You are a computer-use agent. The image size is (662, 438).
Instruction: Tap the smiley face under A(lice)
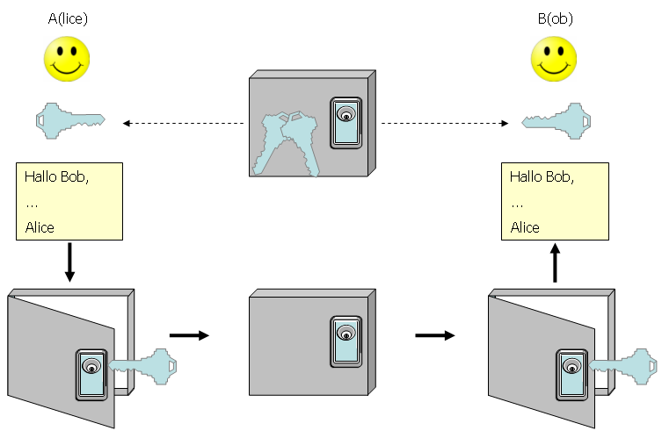click(x=69, y=61)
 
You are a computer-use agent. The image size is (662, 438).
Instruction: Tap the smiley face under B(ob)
click(x=554, y=61)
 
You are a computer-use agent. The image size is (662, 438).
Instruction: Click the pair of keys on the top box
click(x=286, y=140)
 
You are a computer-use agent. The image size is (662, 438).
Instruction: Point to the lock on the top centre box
click(x=346, y=122)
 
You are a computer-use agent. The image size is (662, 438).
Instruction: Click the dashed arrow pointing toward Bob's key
click(x=445, y=123)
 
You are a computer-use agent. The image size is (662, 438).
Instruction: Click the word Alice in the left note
click(x=40, y=227)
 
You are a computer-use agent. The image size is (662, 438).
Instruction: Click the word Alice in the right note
click(x=525, y=227)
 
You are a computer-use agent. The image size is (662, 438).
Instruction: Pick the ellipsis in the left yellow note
click(x=32, y=203)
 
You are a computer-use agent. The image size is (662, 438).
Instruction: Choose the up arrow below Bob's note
click(x=555, y=263)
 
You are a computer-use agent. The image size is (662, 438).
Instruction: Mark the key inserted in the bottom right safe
click(x=623, y=366)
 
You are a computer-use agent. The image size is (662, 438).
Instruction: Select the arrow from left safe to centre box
click(x=188, y=334)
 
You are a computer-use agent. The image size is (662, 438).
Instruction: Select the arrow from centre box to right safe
click(x=435, y=334)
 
